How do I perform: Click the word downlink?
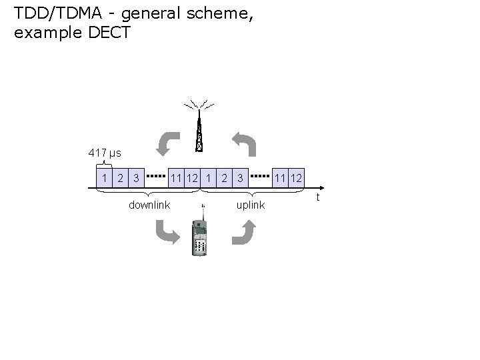coord(149,205)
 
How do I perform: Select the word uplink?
coord(251,205)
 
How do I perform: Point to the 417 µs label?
coord(105,153)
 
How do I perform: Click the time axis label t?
coord(318,197)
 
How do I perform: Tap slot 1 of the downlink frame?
coord(103,178)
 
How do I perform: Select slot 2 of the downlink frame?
coord(120,178)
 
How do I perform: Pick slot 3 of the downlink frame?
coord(136,178)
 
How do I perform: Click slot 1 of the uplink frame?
coord(209,178)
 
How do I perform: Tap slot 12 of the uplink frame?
coord(297,178)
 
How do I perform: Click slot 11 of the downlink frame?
coord(176,178)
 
